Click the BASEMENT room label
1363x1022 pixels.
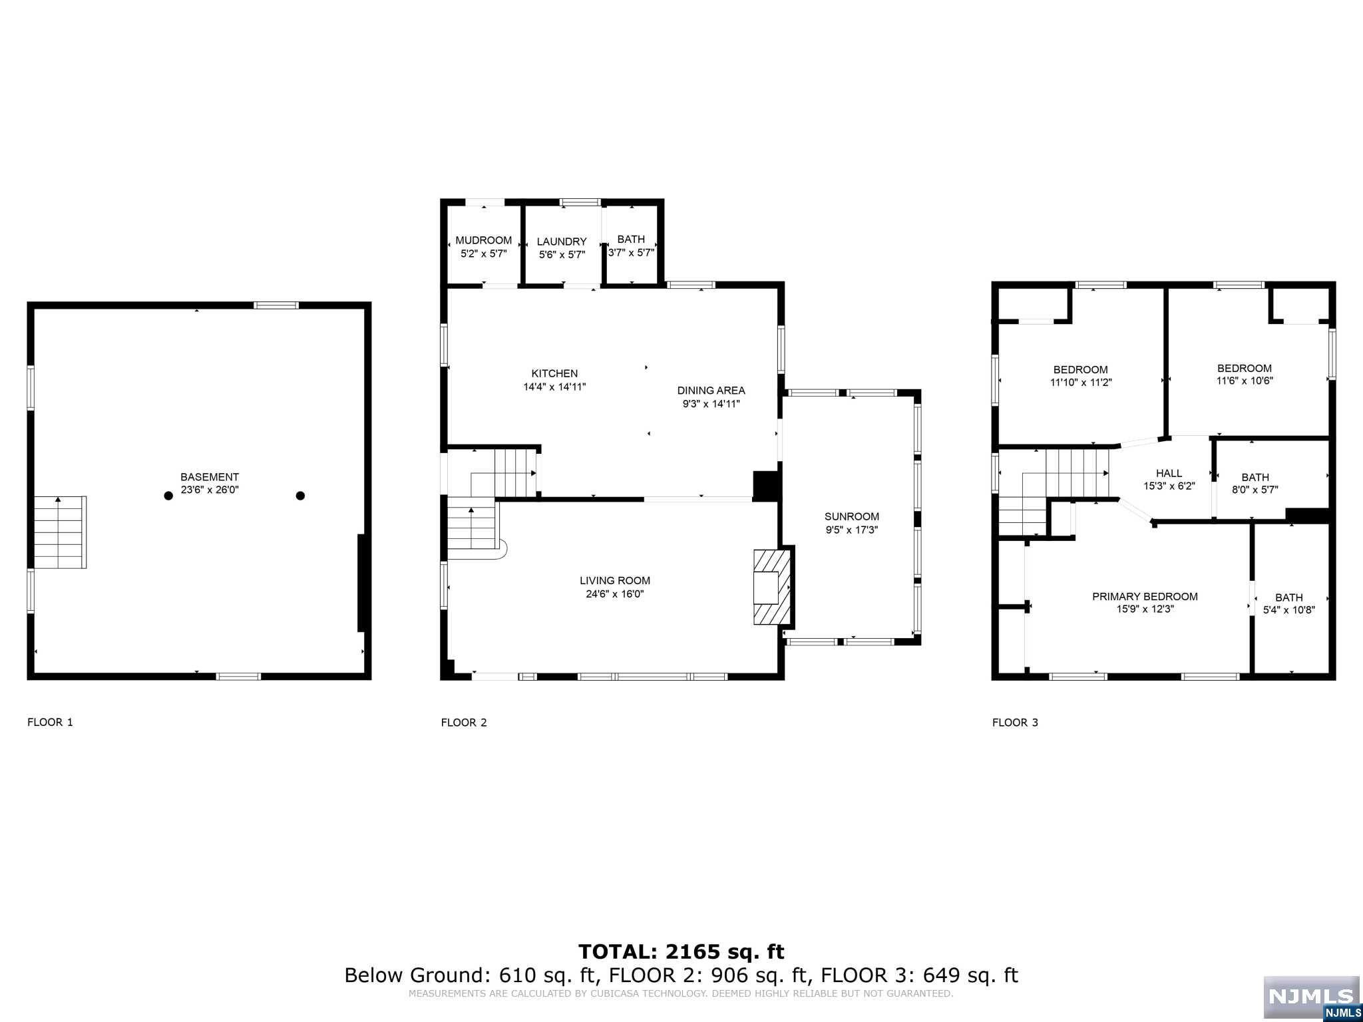(210, 477)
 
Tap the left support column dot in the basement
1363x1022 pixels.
(168, 496)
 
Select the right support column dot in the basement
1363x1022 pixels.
(300, 496)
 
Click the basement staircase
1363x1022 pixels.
(61, 532)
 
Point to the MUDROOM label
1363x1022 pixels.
(484, 241)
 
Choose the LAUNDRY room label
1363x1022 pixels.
(562, 242)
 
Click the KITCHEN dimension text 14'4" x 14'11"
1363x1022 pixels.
(554, 387)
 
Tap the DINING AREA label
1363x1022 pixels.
(711, 391)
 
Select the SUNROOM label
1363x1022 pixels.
(852, 516)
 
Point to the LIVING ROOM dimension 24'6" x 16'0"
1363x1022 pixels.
(615, 594)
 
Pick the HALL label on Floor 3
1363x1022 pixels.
(1169, 473)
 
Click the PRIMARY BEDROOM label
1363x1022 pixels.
(1145, 597)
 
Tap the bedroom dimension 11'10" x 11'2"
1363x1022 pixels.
(1081, 383)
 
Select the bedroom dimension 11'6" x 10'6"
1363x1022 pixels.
(1245, 381)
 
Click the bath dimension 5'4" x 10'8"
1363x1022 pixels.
(1289, 609)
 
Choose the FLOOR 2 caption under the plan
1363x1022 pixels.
(464, 723)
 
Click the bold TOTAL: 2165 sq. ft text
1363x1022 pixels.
(681, 952)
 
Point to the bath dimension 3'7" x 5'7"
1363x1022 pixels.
(632, 253)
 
